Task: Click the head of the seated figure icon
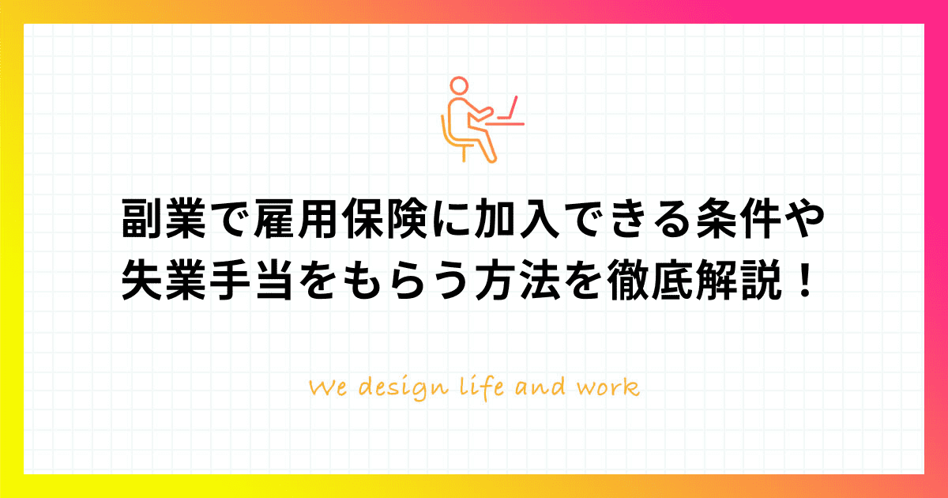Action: [459, 85]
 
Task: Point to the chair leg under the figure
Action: [465, 153]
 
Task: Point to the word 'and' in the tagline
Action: [540, 387]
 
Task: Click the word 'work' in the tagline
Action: [608, 387]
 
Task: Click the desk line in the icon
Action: [505, 124]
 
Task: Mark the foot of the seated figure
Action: [491, 160]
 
